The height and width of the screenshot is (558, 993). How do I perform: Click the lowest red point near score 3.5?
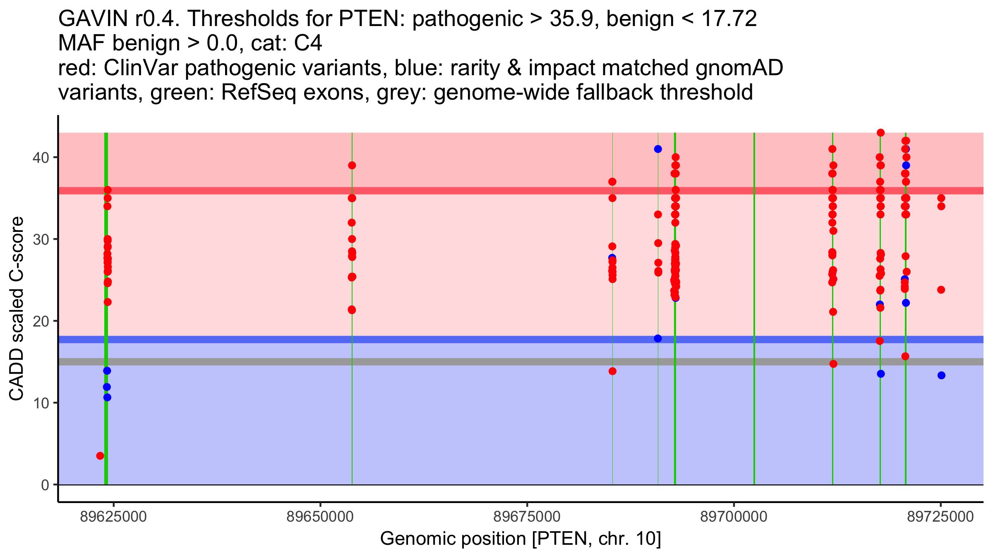pyautogui.click(x=100, y=456)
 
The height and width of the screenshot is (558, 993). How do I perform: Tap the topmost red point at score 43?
pyautogui.click(x=881, y=133)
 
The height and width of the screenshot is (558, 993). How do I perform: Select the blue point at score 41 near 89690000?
pyautogui.click(x=658, y=149)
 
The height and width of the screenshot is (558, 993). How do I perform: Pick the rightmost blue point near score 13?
pyautogui.click(x=941, y=375)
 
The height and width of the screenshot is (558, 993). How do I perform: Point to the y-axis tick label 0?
pyautogui.click(x=45, y=485)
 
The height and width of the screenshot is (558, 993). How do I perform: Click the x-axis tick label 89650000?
pyautogui.click(x=320, y=517)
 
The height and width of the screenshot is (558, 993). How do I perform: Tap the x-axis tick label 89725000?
pyautogui.click(x=940, y=517)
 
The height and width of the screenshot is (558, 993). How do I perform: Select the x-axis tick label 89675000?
pyautogui.click(x=527, y=517)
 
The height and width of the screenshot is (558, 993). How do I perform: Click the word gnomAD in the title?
pyautogui.click(x=739, y=68)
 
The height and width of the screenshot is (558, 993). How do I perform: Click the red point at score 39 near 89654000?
pyautogui.click(x=352, y=165)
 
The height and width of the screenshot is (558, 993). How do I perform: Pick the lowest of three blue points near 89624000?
pyautogui.click(x=107, y=397)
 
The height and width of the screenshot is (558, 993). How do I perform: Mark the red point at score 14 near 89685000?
pyautogui.click(x=612, y=371)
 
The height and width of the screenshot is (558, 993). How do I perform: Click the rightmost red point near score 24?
pyautogui.click(x=941, y=290)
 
